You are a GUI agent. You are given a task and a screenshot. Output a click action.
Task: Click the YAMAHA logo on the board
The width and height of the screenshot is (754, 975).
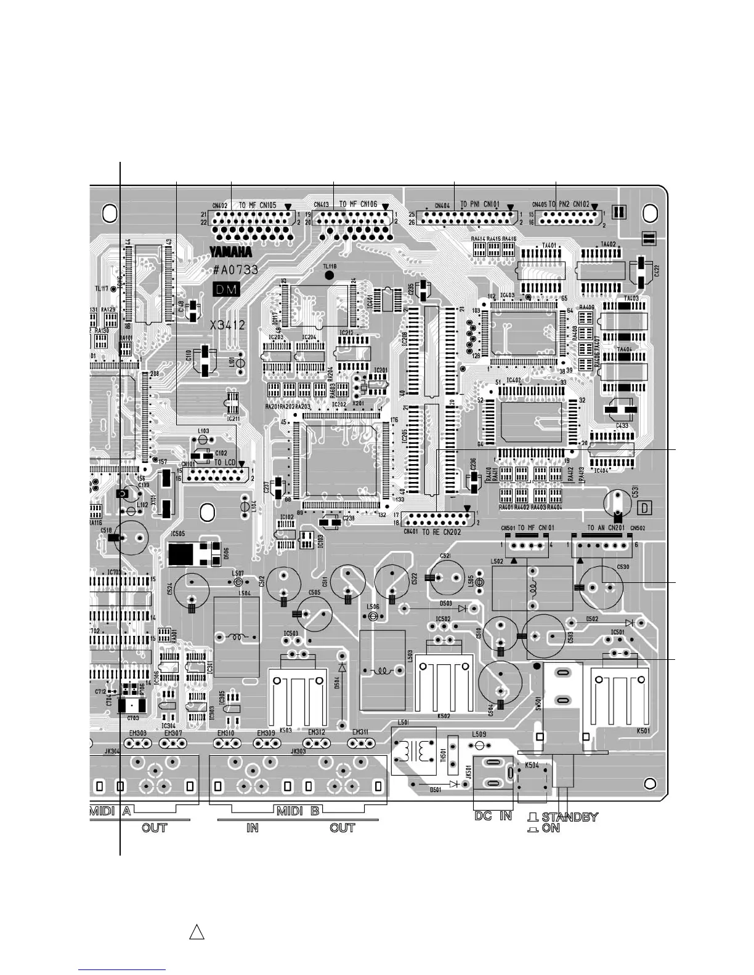coord(231,252)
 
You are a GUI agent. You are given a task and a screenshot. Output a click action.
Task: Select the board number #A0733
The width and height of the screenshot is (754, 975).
coord(235,270)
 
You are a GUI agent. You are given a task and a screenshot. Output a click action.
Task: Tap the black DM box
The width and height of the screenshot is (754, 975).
coord(226,290)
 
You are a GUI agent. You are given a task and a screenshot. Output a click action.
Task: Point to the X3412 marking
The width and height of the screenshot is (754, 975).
coord(227,324)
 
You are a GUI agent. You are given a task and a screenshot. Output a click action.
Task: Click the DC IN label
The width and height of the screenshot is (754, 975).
coord(493,816)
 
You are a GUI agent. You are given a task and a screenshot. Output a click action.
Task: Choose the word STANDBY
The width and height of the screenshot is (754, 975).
coord(570,817)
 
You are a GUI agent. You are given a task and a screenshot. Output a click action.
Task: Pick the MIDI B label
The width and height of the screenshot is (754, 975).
coord(298,811)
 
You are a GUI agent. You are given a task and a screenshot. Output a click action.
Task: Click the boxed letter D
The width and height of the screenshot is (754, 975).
coord(644,508)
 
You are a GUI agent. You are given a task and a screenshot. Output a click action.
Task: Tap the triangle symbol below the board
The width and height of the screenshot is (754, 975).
coord(197,931)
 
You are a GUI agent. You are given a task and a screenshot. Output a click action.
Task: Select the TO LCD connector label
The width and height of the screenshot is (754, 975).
coord(225,462)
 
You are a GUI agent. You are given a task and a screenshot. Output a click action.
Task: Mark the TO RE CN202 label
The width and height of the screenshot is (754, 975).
coord(442,532)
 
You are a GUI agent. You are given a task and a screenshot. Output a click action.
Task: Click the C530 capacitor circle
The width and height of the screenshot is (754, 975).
coord(602,587)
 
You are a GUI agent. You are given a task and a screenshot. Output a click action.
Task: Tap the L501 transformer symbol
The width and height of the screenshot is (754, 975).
coord(414,751)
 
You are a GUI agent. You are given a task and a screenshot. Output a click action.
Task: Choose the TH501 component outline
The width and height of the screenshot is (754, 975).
coord(453,755)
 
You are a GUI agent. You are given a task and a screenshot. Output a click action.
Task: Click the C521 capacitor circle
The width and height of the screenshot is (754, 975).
coord(446,577)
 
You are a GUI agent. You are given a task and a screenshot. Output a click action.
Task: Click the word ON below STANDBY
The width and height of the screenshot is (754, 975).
coord(551,829)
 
